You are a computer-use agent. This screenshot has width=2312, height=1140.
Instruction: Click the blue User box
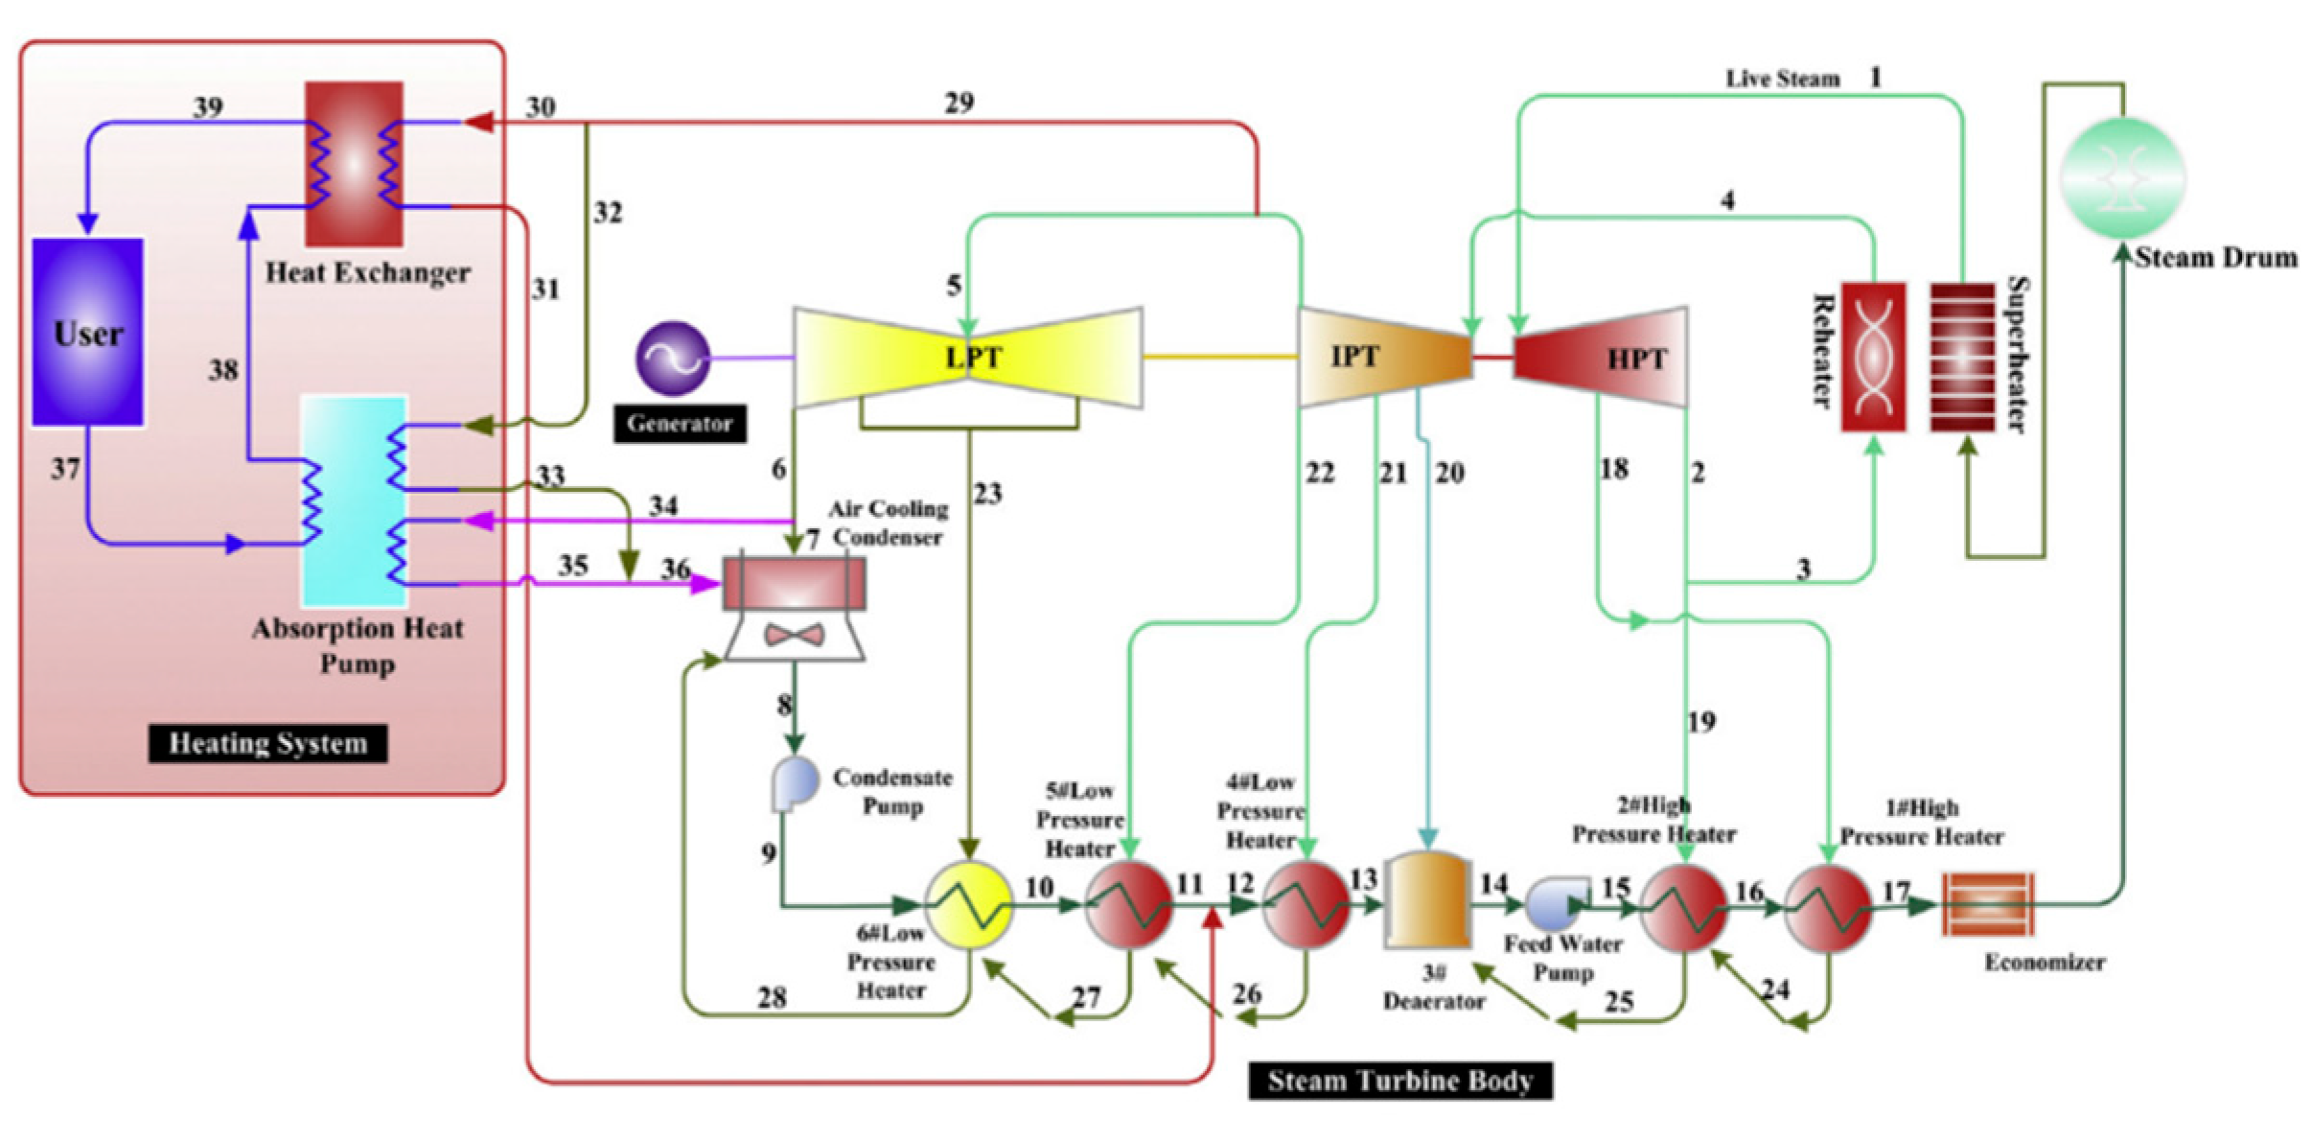(87, 332)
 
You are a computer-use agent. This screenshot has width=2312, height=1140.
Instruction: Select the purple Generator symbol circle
(673, 359)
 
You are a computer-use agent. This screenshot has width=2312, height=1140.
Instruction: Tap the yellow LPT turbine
(968, 358)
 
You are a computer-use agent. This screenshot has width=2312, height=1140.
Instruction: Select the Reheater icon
(1872, 357)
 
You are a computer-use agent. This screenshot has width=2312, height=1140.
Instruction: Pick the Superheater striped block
(1962, 357)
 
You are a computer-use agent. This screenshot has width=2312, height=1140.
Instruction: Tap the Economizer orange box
(1987, 904)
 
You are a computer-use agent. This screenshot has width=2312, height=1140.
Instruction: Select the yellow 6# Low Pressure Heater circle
(968, 905)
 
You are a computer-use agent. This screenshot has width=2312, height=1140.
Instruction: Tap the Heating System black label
(267, 743)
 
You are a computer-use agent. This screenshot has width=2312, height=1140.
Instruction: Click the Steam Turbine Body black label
(1399, 1081)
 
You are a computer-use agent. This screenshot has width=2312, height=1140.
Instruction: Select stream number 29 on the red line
(959, 103)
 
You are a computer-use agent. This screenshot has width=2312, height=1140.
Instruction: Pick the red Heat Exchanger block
(354, 164)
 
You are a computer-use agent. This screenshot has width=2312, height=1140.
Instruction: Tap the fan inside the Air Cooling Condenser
(794, 635)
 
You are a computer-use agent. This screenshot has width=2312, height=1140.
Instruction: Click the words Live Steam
(1782, 79)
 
